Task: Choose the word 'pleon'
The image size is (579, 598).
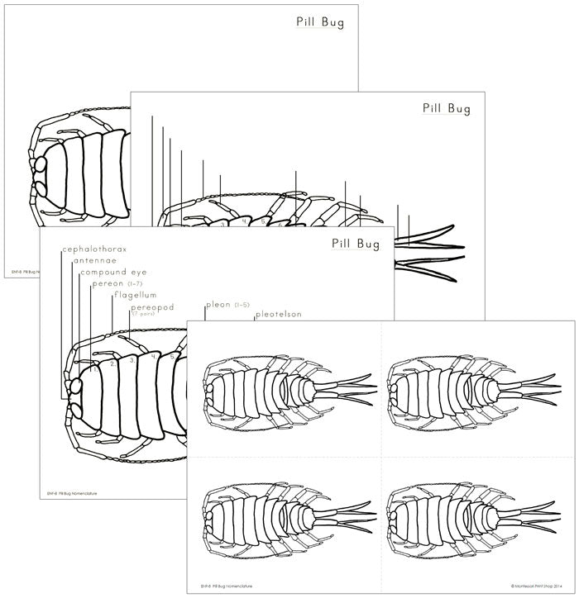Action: pos(218,305)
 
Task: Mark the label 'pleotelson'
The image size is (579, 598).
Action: pos(279,315)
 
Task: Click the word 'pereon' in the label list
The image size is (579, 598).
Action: pos(108,284)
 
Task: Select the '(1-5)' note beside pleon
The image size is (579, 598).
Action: pos(242,305)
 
